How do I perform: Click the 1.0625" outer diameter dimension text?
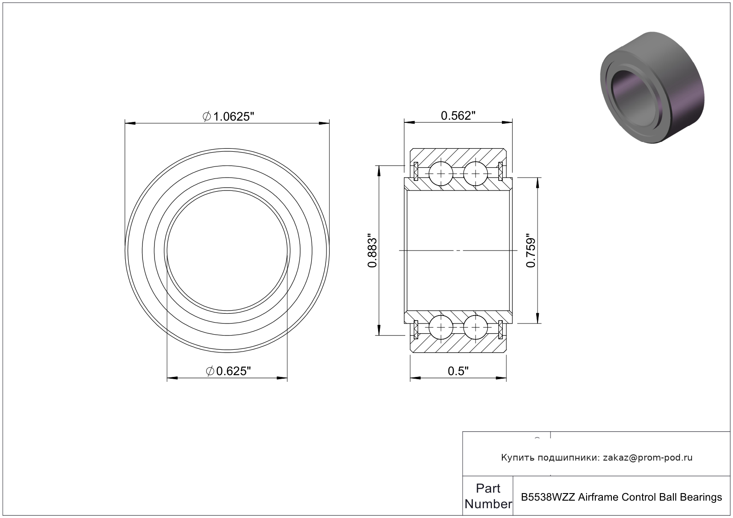tap(228, 117)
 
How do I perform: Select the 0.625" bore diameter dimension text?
tap(228, 371)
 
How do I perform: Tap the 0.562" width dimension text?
tap(458, 115)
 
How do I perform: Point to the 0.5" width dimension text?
tap(458, 371)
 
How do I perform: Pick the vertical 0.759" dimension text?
tap(530, 251)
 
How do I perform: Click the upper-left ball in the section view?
tap(441, 174)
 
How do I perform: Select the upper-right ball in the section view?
tap(476, 174)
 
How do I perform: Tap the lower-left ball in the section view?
tap(441, 328)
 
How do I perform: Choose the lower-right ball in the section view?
tap(476, 328)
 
